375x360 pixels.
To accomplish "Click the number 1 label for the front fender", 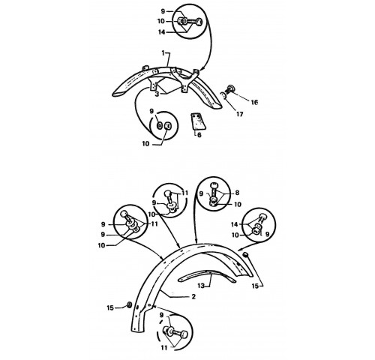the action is coord(163,53).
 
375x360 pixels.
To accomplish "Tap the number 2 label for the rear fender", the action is coord(193,297).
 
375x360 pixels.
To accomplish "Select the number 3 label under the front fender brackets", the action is coord(157,94).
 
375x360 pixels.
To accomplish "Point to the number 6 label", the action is coord(199,135).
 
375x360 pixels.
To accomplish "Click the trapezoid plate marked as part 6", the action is coord(198,121).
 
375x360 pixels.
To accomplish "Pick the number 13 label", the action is coord(201,285).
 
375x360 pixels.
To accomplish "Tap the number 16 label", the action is coord(254,102).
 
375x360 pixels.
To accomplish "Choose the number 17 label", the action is coord(239,114).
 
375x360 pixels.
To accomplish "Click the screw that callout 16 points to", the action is coord(230,88).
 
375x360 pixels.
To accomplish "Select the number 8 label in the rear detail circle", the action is coord(237,193).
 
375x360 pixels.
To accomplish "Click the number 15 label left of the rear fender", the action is coord(110,307).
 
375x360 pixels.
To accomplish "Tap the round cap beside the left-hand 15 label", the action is coord(129,305).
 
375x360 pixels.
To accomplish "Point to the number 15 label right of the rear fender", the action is coord(255,286).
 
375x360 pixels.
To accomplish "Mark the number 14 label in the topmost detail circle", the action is coord(162,32).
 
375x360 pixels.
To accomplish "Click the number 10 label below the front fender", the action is coord(145,144).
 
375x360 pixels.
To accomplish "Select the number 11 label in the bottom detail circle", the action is coord(163,348).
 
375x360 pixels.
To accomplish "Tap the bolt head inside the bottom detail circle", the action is coord(184,334).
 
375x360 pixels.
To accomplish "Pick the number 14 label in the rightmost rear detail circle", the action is coord(234,224).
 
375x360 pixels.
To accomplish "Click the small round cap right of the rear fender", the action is coord(246,255).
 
